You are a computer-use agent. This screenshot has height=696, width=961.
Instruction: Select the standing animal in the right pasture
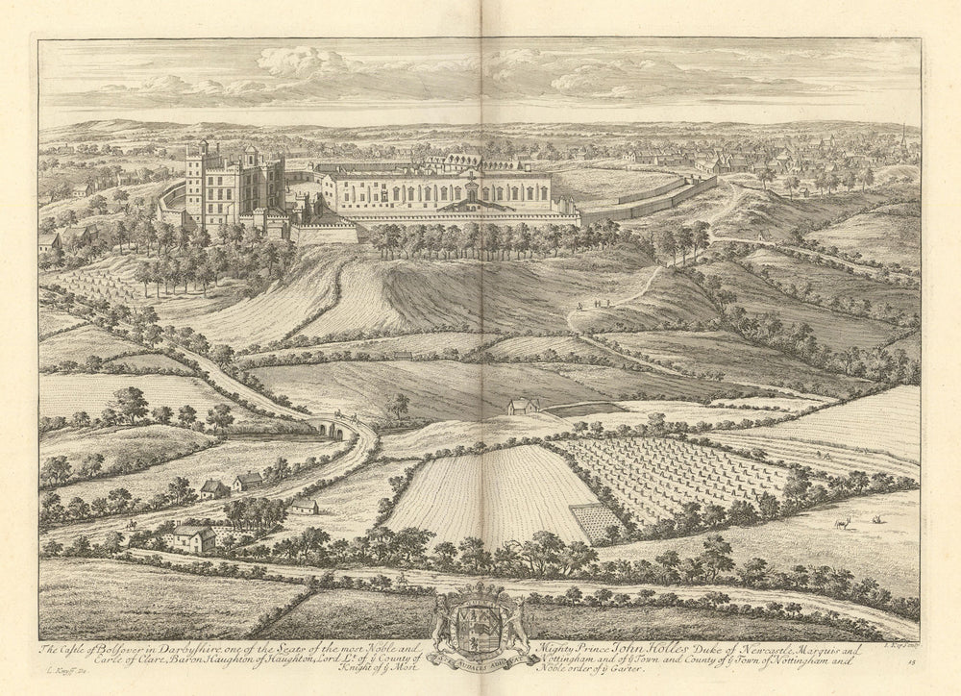(x=845, y=523)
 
